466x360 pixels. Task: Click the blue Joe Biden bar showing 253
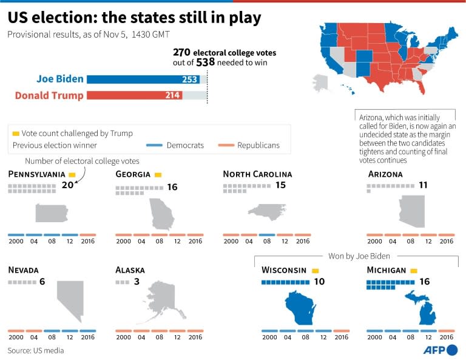(x=143, y=79)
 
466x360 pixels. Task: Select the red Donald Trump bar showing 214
(x=134, y=95)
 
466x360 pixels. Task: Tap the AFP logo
(x=442, y=350)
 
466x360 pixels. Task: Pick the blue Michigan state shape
(x=408, y=308)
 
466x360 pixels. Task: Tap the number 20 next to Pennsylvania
(x=68, y=185)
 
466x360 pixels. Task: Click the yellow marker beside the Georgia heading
(x=158, y=175)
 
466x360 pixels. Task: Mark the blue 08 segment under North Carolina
(x=267, y=235)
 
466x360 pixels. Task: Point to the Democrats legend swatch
(x=155, y=146)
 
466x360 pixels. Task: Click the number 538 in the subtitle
(x=205, y=63)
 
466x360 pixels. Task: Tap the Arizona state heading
(x=385, y=174)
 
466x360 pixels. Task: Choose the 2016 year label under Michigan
(x=446, y=338)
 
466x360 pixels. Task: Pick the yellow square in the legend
(x=16, y=134)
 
